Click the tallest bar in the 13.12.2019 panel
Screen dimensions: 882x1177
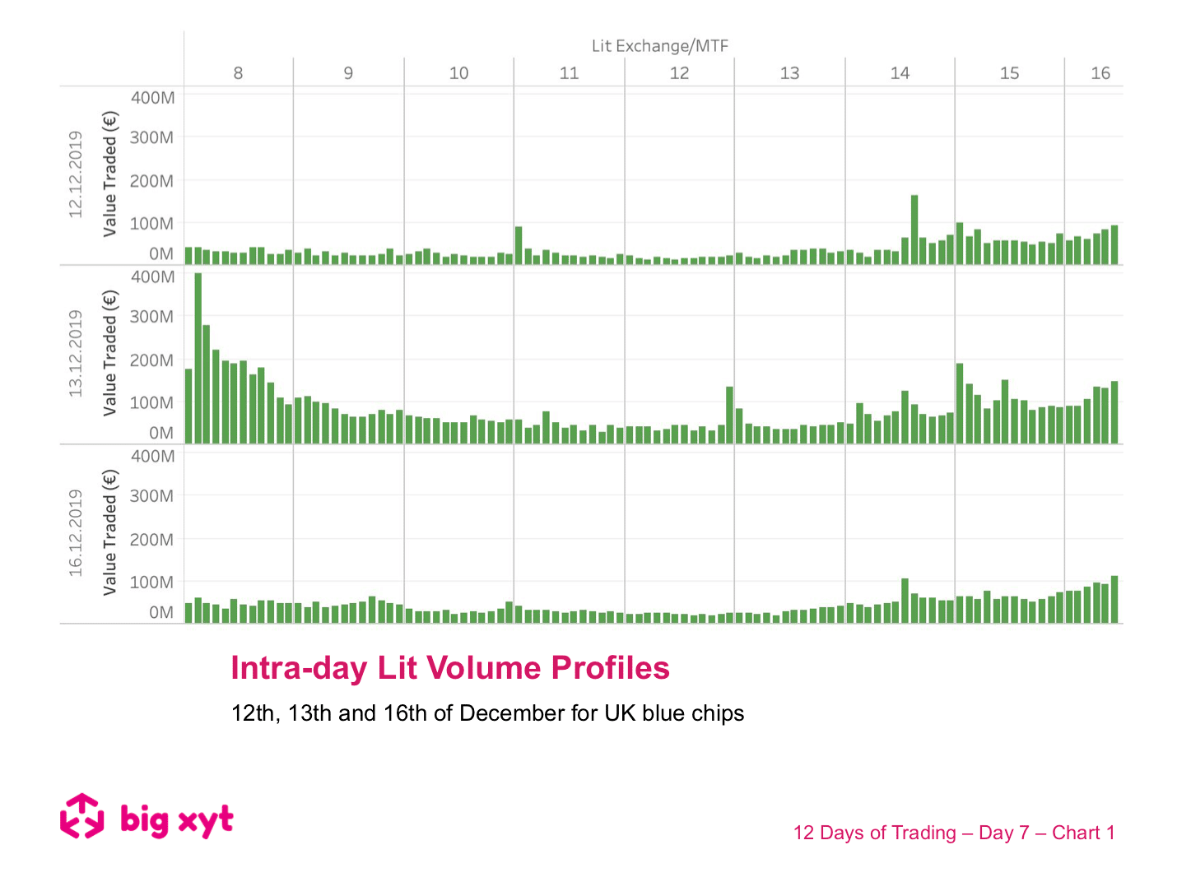click(198, 358)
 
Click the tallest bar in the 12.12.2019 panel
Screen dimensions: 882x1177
click(914, 230)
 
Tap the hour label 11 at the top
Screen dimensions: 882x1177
click(569, 73)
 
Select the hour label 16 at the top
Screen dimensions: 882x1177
click(1100, 73)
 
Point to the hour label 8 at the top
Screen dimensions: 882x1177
click(238, 73)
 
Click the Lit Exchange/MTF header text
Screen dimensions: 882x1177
click(660, 46)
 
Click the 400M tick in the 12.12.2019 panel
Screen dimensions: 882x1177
click(153, 98)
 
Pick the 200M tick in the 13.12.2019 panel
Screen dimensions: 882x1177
click(152, 360)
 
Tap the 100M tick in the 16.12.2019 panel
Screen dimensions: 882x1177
click(152, 583)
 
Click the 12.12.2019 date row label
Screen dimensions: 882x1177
click(76, 174)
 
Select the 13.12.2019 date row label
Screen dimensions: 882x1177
click(76, 354)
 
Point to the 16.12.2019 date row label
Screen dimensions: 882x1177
click(76, 533)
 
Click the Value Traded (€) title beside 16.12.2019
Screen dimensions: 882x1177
click(110, 532)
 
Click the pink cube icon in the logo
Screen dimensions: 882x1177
click(82, 816)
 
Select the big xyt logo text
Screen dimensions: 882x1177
click(177, 819)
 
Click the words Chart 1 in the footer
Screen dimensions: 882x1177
click(1083, 833)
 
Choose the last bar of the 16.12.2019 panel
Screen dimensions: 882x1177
click(1114, 599)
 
